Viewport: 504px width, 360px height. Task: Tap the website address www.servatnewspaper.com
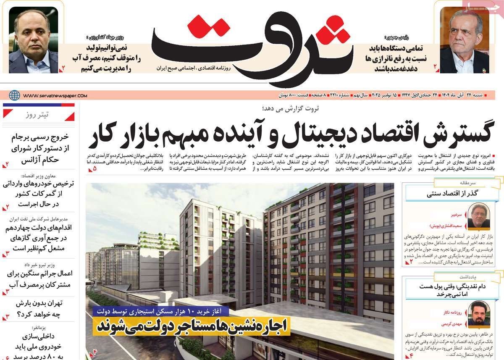(55, 95)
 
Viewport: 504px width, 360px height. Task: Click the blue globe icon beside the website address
(15, 95)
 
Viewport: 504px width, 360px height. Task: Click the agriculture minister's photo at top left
(33, 40)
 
